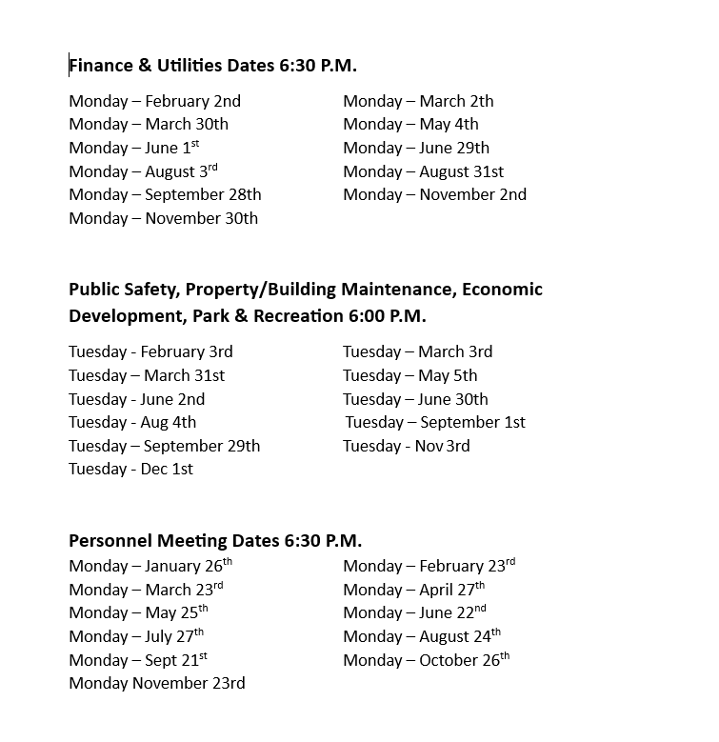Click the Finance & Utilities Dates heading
(x=212, y=66)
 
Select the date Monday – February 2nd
(x=154, y=101)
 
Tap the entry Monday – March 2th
(x=418, y=101)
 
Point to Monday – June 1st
(x=133, y=148)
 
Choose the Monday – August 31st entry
(x=423, y=171)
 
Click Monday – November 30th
(x=163, y=218)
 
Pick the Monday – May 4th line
(x=410, y=124)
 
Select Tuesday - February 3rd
(x=150, y=351)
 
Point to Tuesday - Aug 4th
(x=132, y=422)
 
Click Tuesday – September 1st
(x=435, y=422)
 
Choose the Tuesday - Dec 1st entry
(x=130, y=469)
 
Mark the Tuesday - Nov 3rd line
(x=406, y=446)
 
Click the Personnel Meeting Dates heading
(x=215, y=541)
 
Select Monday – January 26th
(x=150, y=566)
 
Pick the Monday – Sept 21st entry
(x=138, y=660)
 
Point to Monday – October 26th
(x=426, y=660)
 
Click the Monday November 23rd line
(x=156, y=683)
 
